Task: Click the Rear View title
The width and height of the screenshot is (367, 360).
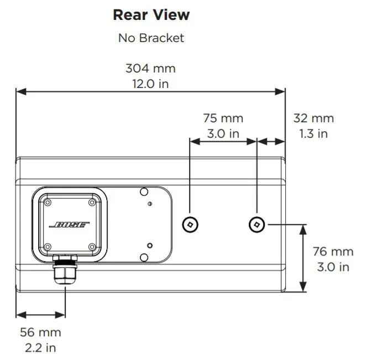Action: click(x=151, y=15)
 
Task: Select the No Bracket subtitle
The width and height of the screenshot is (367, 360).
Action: click(x=151, y=38)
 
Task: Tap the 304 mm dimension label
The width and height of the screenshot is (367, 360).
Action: click(x=150, y=69)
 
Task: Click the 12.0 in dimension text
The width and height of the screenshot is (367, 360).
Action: click(x=150, y=84)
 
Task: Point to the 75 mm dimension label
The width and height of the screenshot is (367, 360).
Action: click(x=223, y=118)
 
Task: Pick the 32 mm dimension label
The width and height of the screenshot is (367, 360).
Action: click(x=313, y=118)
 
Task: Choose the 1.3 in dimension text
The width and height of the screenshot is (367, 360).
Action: click(x=313, y=133)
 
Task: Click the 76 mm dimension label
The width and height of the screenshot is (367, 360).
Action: click(x=333, y=252)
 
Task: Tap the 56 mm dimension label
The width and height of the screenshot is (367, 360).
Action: click(x=40, y=332)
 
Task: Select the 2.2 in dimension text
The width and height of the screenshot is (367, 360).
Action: click(x=40, y=348)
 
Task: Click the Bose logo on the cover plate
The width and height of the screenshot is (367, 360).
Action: click(x=70, y=225)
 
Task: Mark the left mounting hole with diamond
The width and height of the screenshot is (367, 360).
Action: click(x=190, y=224)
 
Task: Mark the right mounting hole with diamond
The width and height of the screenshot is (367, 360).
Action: click(x=257, y=224)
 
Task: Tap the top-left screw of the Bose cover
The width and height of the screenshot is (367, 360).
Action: click(x=47, y=204)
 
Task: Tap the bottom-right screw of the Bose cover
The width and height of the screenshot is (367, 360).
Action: click(x=91, y=247)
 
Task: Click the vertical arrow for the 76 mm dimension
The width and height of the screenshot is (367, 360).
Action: click(x=303, y=258)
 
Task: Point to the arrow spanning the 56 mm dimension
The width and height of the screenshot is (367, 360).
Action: click(x=40, y=315)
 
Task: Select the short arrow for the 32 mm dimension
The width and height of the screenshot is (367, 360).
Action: click(x=271, y=142)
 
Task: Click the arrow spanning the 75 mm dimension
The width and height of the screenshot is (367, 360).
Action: click(x=223, y=142)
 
